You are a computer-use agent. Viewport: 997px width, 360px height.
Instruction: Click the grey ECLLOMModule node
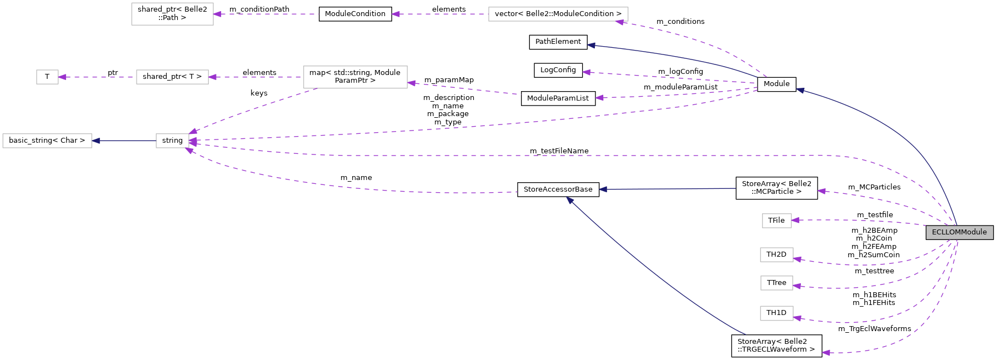click(959, 232)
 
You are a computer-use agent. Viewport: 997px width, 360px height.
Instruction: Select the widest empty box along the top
click(558, 14)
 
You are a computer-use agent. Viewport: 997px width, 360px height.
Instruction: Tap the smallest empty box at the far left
click(47, 77)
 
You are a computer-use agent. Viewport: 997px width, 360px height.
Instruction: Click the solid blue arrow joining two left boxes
click(124, 141)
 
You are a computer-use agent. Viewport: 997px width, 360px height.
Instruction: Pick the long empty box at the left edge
click(47, 141)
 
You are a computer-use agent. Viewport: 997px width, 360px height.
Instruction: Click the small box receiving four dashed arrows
click(172, 141)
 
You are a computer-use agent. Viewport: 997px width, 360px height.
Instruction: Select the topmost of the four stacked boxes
click(776, 221)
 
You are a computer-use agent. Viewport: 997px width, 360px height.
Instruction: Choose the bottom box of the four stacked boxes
click(776, 313)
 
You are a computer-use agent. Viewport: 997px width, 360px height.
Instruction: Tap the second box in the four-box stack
click(776, 255)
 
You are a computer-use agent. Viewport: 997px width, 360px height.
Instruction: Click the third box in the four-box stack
click(776, 283)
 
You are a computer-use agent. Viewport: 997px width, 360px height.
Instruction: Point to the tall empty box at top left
click(172, 14)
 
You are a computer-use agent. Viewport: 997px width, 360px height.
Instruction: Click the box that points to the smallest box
click(172, 77)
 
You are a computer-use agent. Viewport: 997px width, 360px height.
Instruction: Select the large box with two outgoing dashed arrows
click(355, 77)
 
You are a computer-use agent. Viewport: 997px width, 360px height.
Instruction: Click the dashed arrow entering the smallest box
click(97, 77)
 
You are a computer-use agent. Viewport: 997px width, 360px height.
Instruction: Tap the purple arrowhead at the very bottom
click(826, 353)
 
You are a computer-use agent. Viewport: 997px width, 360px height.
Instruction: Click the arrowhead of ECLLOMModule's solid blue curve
click(800, 90)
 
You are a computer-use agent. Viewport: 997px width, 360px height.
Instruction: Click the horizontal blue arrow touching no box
click(667, 189)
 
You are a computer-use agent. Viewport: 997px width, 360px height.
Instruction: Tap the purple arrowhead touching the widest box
click(620, 22)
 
